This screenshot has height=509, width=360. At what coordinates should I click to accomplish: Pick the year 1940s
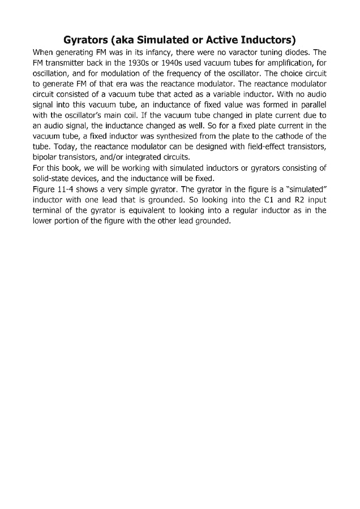(x=165, y=63)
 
